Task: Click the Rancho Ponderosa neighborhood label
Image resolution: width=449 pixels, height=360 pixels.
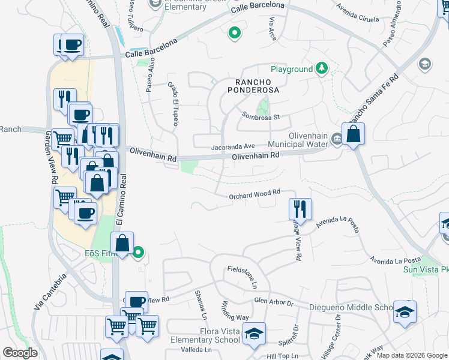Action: point(253,85)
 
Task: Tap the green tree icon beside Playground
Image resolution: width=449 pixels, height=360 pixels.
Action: point(322,69)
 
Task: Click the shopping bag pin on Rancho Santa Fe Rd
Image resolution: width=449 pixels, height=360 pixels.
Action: point(354,134)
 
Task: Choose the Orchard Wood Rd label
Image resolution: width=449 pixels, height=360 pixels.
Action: point(255,193)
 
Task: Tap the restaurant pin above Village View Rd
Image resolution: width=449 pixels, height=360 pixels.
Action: point(300,209)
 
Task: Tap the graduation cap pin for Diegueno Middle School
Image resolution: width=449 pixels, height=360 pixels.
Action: point(405,311)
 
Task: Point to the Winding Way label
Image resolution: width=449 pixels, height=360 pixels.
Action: point(235,310)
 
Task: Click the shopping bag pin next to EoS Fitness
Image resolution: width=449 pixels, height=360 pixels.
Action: point(122,244)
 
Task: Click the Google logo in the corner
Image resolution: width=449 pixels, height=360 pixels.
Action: point(20,353)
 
